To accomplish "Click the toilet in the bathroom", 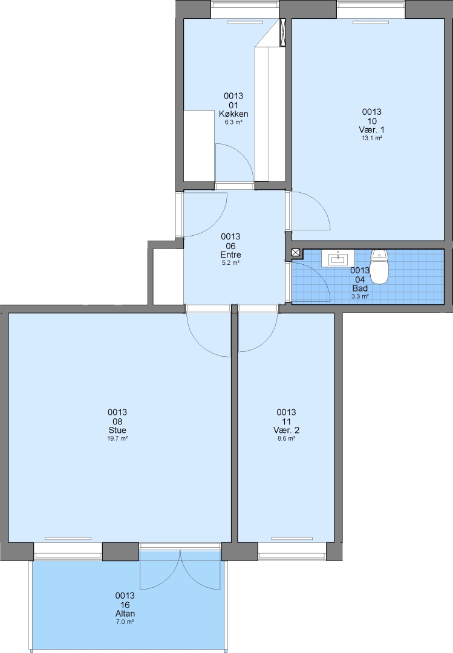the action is pyautogui.click(x=379, y=267).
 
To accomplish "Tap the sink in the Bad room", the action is pyautogui.click(x=337, y=258).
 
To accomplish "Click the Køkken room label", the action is pyautogui.click(x=233, y=114).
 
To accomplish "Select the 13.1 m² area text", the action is pyautogui.click(x=372, y=138).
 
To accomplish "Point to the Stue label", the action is pyautogui.click(x=117, y=430).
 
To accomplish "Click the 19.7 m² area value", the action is pyautogui.click(x=117, y=438).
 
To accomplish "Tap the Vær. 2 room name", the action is pyautogui.click(x=286, y=430).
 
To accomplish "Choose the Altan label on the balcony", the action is pyautogui.click(x=125, y=614).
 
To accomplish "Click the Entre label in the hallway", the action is pyautogui.click(x=231, y=255).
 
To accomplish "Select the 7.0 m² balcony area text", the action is pyautogui.click(x=125, y=622).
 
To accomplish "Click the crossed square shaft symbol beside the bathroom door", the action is pyautogui.click(x=296, y=252).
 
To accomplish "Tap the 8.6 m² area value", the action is pyautogui.click(x=286, y=438).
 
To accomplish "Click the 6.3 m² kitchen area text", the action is pyautogui.click(x=233, y=122).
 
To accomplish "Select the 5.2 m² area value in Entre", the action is pyautogui.click(x=231, y=263).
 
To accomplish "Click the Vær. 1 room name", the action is pyautogui.click(x=372, y=130).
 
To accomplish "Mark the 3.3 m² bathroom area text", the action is pyautogui.click(x=360, y=296).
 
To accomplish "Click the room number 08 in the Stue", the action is pyautogui.click(x=117, y=421).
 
